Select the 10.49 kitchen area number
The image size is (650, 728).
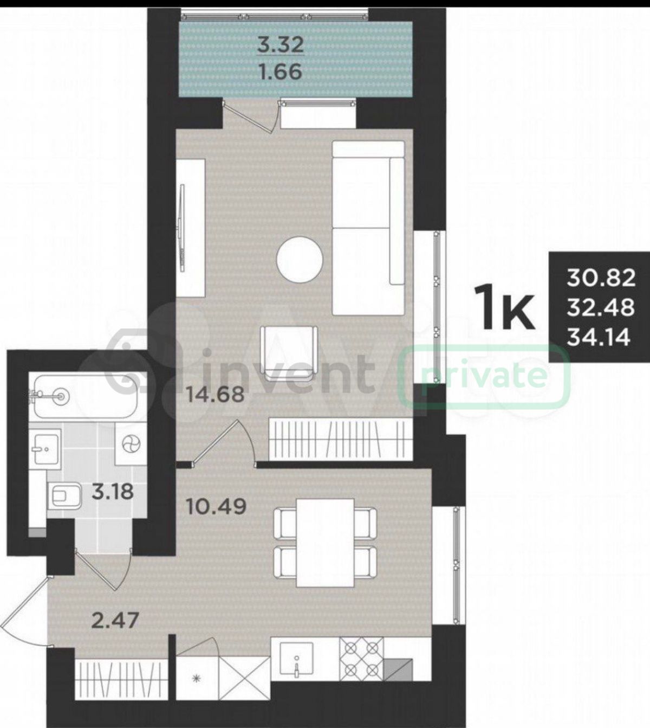[216, 507]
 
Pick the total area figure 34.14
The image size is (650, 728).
[599, 338]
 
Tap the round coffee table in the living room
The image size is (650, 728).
[300, 260]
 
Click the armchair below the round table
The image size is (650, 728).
[289, 352]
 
